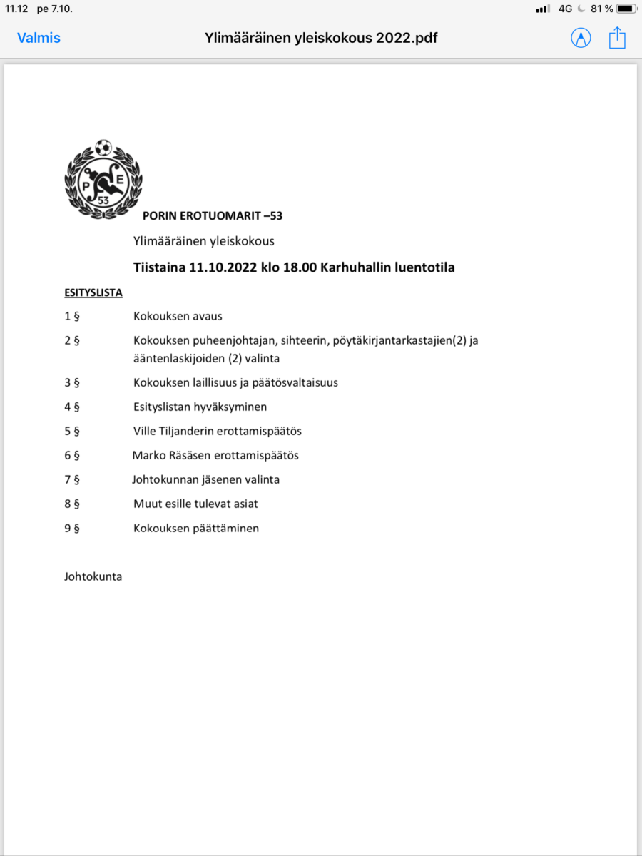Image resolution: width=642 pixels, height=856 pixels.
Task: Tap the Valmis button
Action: click(39, 38)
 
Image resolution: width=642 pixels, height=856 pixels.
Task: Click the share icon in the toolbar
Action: click(617, 38)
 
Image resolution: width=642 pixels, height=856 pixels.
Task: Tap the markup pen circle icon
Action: click(581, 38)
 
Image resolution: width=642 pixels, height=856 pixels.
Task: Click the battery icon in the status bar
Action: click(626, 9)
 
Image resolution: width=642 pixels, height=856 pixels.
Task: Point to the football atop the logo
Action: click(103, 148)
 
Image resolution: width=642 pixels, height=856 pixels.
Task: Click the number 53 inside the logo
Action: click(103, 200)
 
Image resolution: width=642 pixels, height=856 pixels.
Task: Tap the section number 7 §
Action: click(71, 479)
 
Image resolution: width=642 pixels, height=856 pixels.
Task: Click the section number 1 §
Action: click(71, 316)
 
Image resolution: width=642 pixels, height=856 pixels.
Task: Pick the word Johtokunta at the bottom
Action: click(93, 576)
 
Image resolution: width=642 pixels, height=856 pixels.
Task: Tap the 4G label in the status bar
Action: click(565, 9)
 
